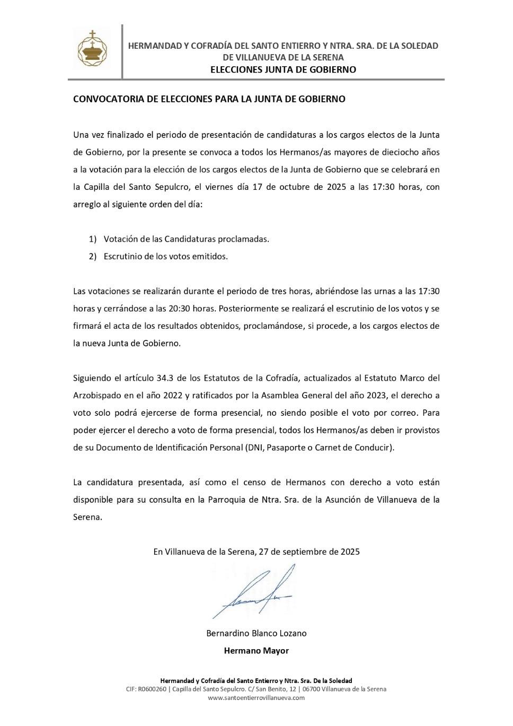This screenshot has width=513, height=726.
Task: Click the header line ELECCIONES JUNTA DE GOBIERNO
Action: [x=283, y=69]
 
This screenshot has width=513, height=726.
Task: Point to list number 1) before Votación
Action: [x=93, y=239]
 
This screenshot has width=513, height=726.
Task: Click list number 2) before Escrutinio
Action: [x=93, y=256]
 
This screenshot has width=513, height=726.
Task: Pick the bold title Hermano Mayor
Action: [x=256, y=651]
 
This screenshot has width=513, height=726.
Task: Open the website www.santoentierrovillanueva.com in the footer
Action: [x=256, y=697]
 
